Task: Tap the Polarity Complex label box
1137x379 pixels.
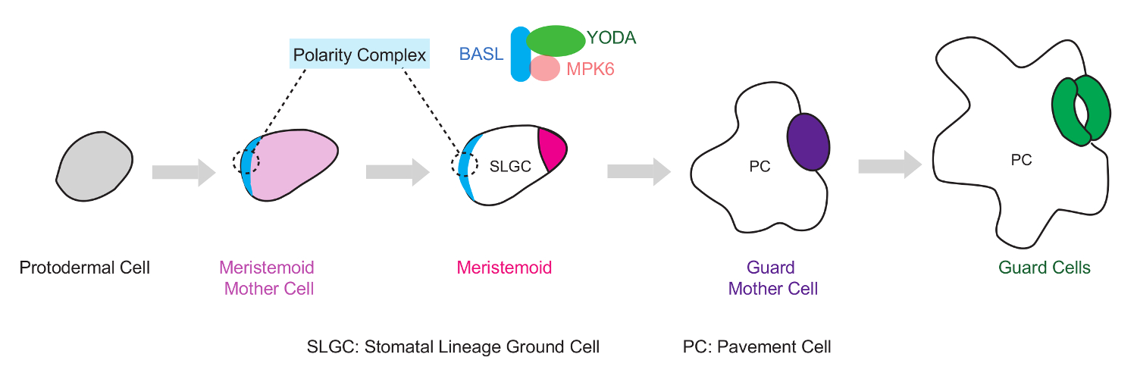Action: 360,55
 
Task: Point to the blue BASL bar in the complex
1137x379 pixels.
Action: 519,54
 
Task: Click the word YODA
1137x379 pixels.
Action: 611,37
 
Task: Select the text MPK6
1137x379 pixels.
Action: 590,70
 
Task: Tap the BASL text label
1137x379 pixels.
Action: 481,55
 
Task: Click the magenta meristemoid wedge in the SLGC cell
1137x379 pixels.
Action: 551,146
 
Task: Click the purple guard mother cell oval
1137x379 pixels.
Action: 808,142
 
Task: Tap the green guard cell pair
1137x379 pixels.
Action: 1080,109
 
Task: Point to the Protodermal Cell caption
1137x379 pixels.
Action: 85,268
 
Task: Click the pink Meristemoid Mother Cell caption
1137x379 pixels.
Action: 267,278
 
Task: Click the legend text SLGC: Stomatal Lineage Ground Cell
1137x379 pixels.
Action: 453,347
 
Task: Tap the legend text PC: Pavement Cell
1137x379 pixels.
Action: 756,347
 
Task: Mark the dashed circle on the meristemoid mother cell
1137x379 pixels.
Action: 246,161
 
